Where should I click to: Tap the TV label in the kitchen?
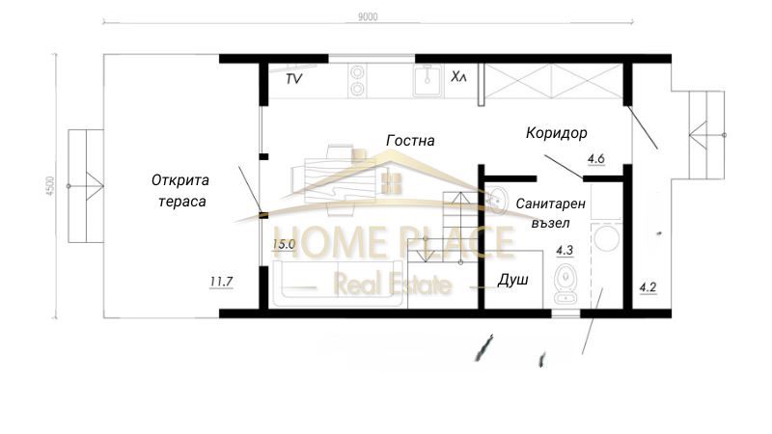click(294, 79)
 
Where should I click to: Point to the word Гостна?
click(410, 141)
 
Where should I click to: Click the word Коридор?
click(557, 132)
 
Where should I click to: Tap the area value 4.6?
click(595, 159)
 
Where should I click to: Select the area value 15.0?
click(284, 245)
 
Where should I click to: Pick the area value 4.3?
click(565, 251)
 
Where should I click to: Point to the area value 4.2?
click(648, 285)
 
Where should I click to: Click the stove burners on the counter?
click(358, 80)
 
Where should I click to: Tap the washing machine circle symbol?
click(610, 240)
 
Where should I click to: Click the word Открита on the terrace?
click(180, 179)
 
